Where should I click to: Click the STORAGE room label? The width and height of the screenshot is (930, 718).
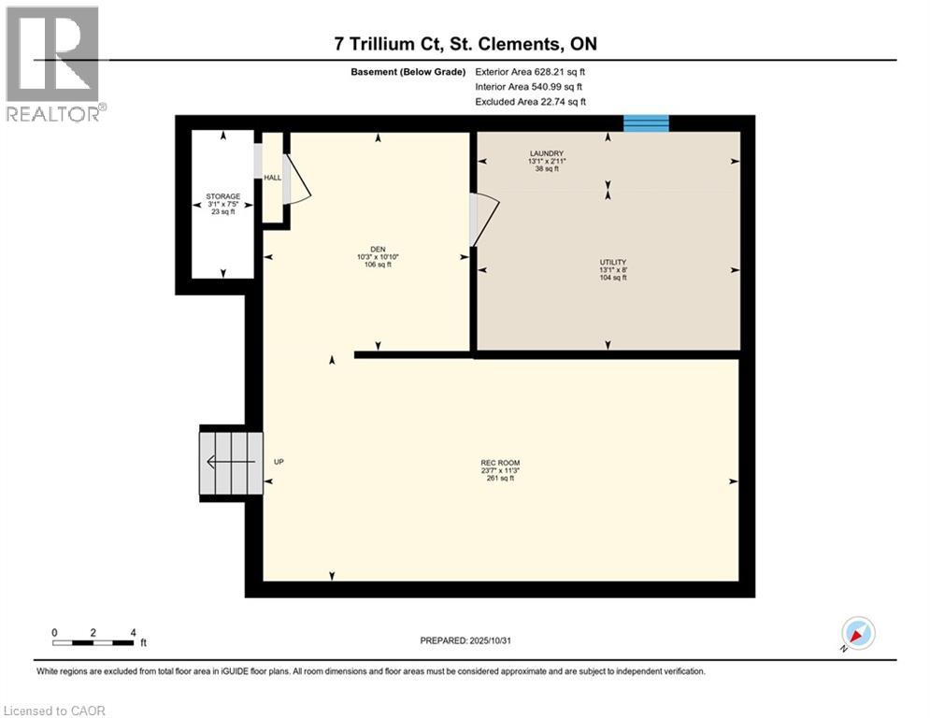(222, 196)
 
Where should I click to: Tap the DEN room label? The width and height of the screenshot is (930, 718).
(378, 250)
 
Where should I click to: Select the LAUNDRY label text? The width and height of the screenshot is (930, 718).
(547, 153)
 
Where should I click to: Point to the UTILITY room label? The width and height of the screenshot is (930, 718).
(612, 263)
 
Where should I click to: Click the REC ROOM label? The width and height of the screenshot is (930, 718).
(500, 463)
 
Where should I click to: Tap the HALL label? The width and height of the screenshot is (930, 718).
(273, 178)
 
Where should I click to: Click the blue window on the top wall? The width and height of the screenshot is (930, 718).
(647, 123)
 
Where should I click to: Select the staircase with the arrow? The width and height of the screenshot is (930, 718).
(230, 462)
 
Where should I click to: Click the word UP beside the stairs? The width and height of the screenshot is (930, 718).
(279, 462)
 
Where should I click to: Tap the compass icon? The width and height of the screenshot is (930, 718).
(857, 633)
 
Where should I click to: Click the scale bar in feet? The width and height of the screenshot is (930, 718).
(93, 641)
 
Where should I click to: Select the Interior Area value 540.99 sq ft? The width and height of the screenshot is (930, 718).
(558, 87)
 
